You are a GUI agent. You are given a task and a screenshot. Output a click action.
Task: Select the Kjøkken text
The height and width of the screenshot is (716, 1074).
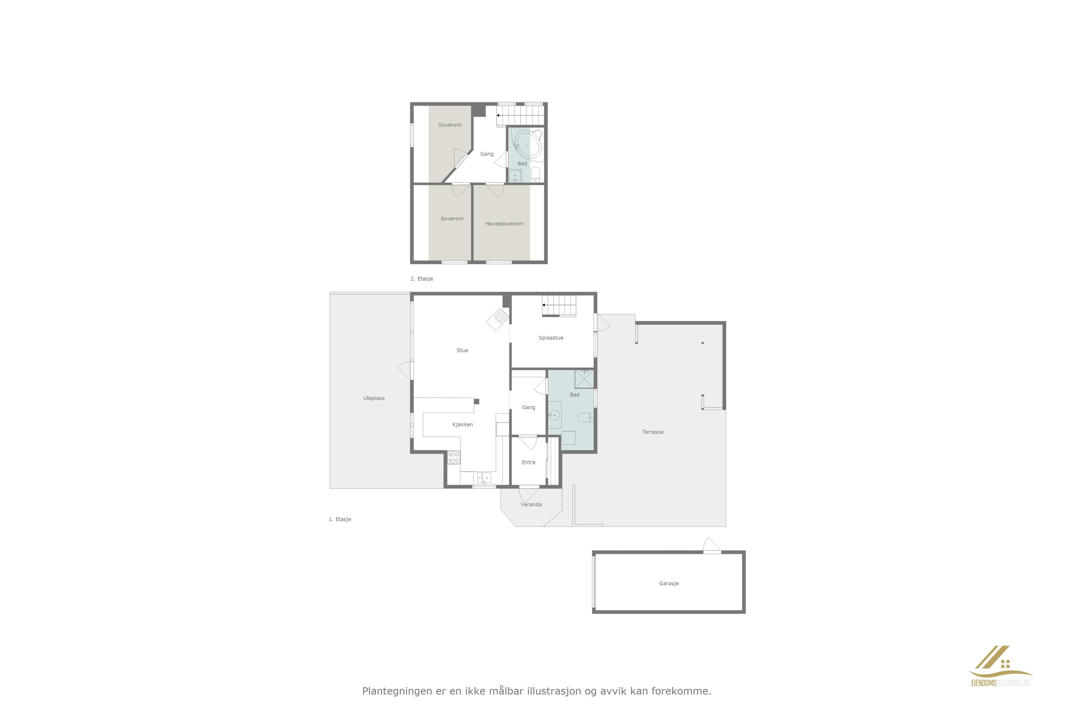[463, 425]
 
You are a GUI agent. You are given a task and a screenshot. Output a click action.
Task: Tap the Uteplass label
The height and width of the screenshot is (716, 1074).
[374, 398]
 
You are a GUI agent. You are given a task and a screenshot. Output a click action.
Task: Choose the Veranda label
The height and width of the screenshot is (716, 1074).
[531, 505]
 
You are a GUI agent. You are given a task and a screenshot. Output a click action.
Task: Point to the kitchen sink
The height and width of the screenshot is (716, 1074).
[484, 478]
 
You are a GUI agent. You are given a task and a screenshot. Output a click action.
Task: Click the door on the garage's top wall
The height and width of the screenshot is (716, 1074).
[712, 546]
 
